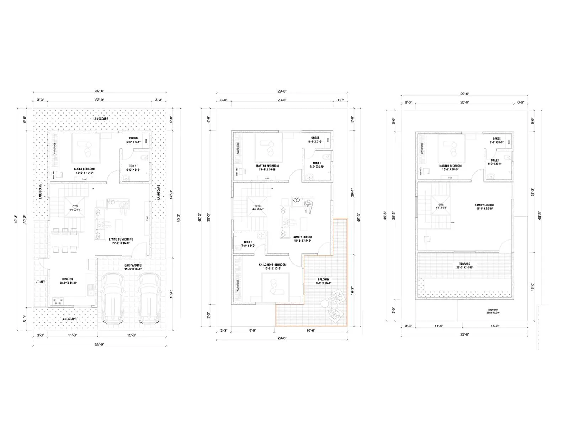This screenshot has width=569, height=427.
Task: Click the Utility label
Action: tap(40, 282)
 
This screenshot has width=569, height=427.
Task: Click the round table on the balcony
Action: tap(324, 304)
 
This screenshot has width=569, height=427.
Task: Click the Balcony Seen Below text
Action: tap(493, 311)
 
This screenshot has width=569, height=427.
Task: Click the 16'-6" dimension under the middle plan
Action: tap(310, 330)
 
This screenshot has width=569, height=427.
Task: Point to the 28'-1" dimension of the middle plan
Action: tap(353, 193)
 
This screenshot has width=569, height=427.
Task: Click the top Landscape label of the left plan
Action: tap(101, 118)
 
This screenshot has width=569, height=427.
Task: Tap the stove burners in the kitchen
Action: tap(58, 301)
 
